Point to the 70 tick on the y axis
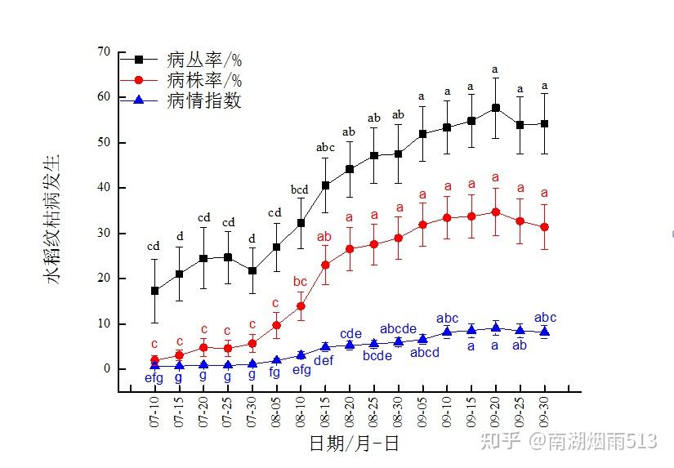[x=103, y=51]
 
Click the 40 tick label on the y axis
[x=103, y=188]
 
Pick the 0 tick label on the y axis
[x=107, y=369]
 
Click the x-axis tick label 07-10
[x=155, y=413]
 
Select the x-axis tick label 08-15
[x=325, y=413]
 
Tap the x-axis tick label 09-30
[x=545, y=413]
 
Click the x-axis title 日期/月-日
[x=354, y=443]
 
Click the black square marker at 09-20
[x=496, y=108]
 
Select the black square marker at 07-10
[x=155, y=291]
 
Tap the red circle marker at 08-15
[x=325, y=265]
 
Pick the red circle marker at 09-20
[x=496, y=212]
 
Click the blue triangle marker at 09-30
[x=545, y=332]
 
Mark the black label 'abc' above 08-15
[x=325, y=148]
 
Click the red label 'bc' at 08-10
[x=300, y=282]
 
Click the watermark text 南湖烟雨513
[x=603, y=442]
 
